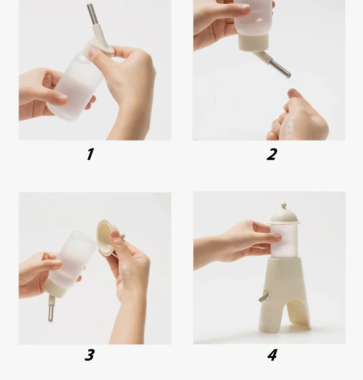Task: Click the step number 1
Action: (90, 154)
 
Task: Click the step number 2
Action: (272, 154)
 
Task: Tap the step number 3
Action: (89, 355)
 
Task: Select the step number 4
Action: (272, 355)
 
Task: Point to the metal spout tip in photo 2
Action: (288, 76)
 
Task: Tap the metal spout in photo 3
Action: (50, 313)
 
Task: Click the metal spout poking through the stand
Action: (263, 297)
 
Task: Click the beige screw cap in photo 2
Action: (253, 42)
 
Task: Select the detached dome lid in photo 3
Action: (107, 238)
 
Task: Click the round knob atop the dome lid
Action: (284, 207)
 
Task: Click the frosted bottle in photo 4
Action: (284, 240)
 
